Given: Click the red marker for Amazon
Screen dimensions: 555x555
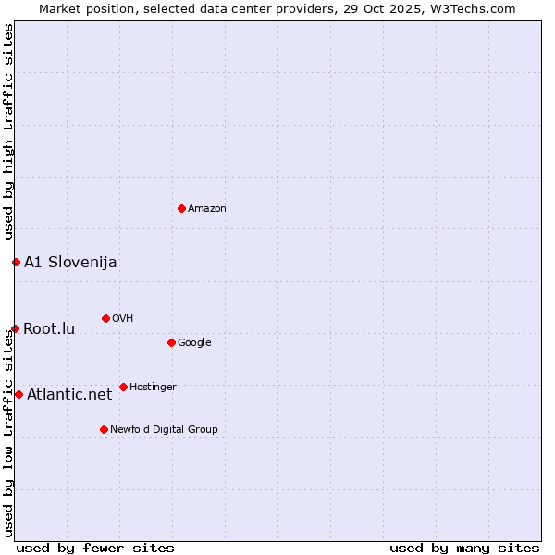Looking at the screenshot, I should pyautogui.click(x=181, y=208).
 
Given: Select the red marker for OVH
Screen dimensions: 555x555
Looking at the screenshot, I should pyautogui.click(x=105, y=318).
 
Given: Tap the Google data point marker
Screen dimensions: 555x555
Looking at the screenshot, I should pyautogui.click(x=171, y=342).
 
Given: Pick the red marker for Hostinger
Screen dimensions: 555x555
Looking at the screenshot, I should pyautogui.click(x=123, y=387).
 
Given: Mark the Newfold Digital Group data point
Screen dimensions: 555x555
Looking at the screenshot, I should pyautogui.click(x=104, y=429).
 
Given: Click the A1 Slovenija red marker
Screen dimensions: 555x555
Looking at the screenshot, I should pyautogui.click(x=16, y=262).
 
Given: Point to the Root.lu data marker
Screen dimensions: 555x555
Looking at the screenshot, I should pyautogui.click(x=15, y=328).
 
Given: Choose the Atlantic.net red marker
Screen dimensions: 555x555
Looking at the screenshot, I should pyautogui.click(x=18, y=394).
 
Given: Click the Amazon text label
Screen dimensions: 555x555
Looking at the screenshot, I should pyautogui.click(x=207, y=209).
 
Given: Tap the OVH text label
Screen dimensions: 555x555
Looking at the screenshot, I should pyautogui.click(x=123, y=319).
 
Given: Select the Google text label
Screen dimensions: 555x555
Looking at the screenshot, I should pyautogui.click(x=194, y=343).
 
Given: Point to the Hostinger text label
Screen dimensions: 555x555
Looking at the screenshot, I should pyautogui.click(x=153, y=388).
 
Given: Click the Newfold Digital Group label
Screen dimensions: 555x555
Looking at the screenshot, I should pyautogui.click(x=164, y=430).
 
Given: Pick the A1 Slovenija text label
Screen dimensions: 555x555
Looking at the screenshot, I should pyautogui.click(x=70, y=263).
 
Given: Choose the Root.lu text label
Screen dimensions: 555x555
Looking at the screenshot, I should pyautogui.click(x=49, y=329).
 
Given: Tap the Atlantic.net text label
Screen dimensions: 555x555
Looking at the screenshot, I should pyautogui.click(x=69, y=395).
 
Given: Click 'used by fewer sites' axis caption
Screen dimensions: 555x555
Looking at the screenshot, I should pyautogui.click(x=95, y=548).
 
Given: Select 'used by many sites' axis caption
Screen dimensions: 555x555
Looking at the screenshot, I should pyautogui.click(x=464, y=548).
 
